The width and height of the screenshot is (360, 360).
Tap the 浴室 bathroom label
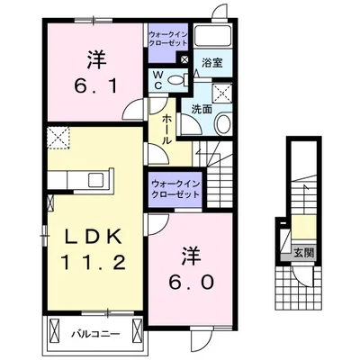(x=213, y=64)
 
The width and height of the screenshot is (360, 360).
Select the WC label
(x=157, y=78)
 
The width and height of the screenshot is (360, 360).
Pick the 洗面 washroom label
(x=200, y=108)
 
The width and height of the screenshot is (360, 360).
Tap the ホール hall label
(x=168, y=127)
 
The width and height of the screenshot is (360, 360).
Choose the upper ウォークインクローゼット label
(x=168, y=39)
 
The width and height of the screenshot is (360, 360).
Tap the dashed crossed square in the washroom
(x=221, y=93)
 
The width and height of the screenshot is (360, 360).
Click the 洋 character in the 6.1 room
(x=96, y=58)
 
